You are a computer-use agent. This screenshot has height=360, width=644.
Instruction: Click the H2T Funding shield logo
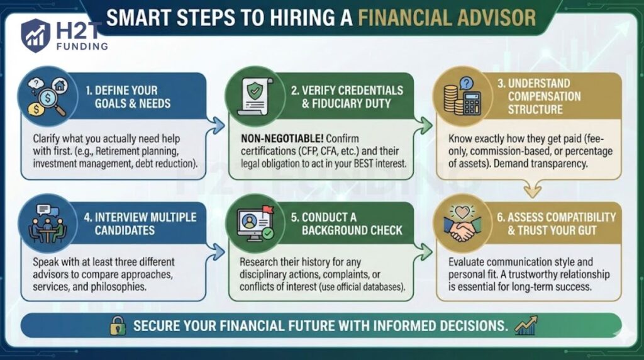pos(36,35)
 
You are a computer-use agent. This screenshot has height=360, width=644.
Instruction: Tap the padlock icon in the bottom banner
pos(118,325)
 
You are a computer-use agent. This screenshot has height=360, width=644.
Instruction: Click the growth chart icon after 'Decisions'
pos(525,325)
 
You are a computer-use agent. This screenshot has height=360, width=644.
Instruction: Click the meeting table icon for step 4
pos(47,225)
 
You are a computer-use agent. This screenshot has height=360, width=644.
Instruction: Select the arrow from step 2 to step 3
pos(426,125)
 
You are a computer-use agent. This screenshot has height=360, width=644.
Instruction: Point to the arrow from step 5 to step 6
pos(426,252)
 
